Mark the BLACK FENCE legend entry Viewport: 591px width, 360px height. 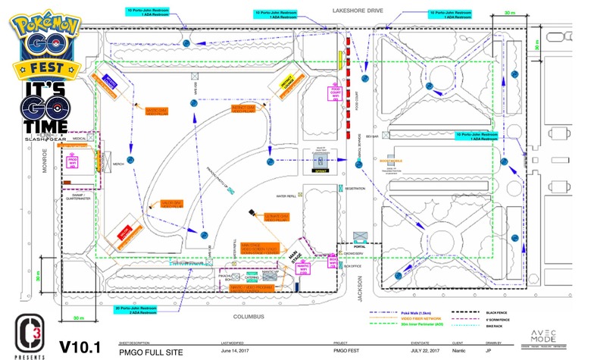tap(485, 311)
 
